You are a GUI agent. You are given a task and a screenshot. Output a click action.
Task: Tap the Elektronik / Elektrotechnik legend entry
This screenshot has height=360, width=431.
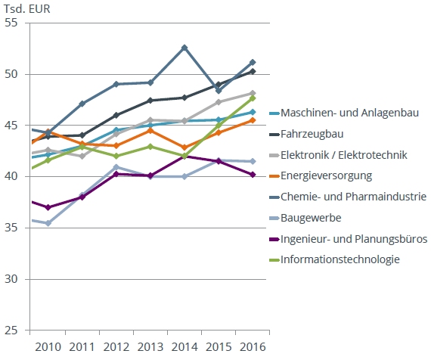(x=344, y=155)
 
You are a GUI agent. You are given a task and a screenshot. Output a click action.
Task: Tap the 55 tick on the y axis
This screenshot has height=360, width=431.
(x=11, y=23)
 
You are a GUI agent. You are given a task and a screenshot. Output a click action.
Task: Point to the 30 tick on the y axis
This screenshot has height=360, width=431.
(x=11, y=279)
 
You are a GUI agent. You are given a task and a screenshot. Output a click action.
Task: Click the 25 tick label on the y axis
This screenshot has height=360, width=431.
(x=11, y=331)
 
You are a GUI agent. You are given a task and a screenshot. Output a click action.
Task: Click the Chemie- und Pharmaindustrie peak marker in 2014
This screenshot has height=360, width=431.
(x=184, y=48)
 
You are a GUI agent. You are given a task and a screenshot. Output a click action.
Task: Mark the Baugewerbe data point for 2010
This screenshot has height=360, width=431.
(x=48, y=223)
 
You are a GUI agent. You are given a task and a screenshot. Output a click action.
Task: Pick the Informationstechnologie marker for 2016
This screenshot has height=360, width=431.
(x=252, y=98)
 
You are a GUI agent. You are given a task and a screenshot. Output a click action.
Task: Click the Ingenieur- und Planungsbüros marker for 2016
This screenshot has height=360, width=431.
(x=252, y=175)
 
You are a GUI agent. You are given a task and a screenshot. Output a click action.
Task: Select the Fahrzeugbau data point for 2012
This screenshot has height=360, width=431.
(x=116, y=115)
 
